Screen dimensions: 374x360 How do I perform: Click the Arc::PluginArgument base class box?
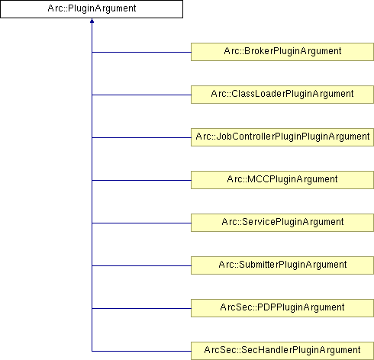point(92,9)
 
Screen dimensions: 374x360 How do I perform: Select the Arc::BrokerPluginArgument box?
point(282,52)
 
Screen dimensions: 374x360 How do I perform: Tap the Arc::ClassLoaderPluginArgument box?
point(282,95)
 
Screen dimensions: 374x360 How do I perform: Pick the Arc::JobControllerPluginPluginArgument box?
point(282,137)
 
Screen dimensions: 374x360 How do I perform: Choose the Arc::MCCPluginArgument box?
point(282,180)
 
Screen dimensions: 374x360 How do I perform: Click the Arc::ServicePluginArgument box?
point(282,223)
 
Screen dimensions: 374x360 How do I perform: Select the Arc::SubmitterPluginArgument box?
point(282,265)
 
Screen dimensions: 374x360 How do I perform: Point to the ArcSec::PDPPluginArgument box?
point(282,308)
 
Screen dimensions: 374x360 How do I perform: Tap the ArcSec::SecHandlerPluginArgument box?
point(282,351)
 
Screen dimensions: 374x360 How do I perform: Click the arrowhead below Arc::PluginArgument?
point(92,21)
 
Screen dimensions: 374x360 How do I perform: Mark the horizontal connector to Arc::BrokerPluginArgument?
point(141,52)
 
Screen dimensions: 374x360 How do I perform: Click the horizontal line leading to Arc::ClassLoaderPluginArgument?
point(141,95)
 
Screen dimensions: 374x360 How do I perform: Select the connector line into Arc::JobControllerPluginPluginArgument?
point(141,137)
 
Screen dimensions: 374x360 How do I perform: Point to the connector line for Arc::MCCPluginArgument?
point(141,180)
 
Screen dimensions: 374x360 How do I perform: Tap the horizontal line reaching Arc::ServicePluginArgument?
point(141,223)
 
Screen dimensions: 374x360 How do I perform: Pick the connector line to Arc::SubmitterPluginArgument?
point(141,265)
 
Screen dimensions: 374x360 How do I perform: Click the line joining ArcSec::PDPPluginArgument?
point(141,308)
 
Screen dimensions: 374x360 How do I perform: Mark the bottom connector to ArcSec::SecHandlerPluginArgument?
point(141,351)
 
